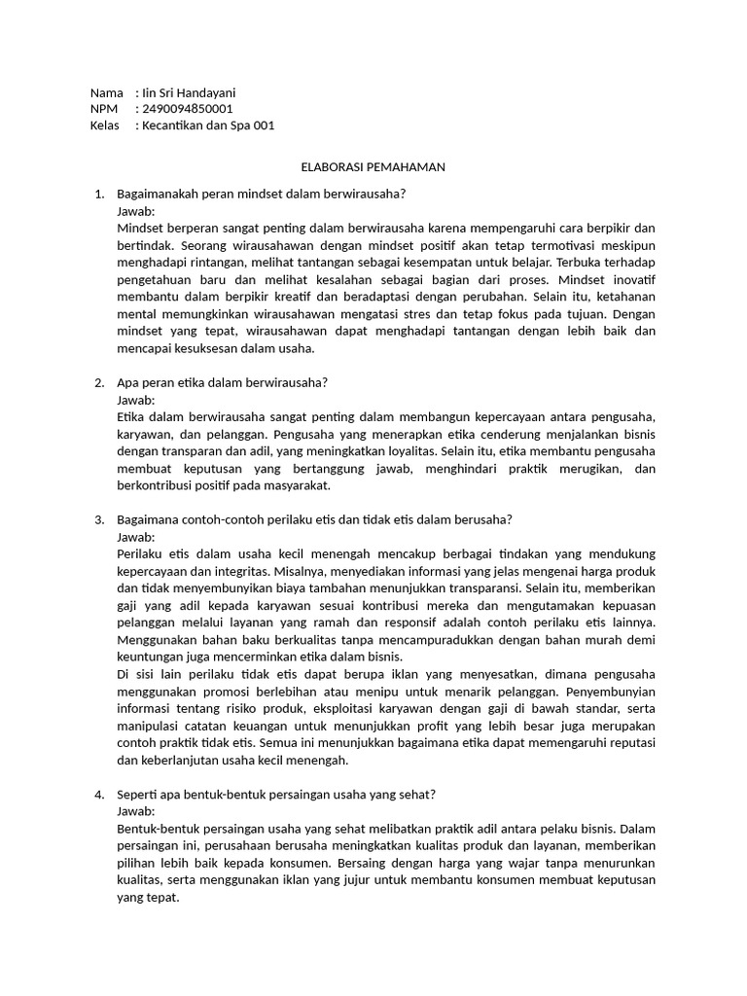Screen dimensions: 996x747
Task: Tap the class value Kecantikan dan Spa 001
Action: point(208,125)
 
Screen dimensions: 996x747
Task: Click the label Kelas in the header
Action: point(104,125)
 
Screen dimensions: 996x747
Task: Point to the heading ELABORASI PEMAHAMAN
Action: point(373,166)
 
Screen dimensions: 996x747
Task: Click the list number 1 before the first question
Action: point(98,194)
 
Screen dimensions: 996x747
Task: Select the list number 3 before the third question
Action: point(98,518)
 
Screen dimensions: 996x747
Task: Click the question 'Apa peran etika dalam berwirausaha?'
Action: point(222,382)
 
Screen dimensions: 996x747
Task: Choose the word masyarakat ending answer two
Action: point(297,485)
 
